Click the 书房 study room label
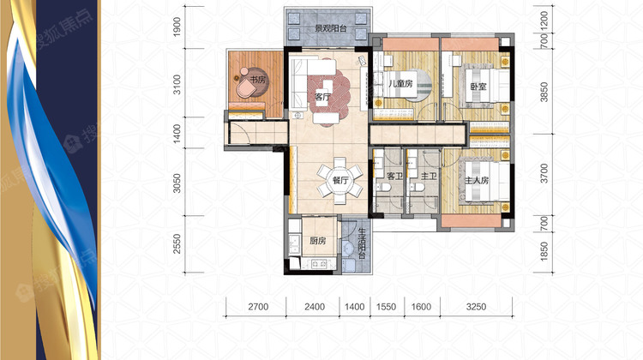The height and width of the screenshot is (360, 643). (257, 80)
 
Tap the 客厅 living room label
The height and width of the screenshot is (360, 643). (322, 97)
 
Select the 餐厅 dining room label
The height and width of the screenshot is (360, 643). (340, 180)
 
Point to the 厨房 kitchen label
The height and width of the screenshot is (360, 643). (318, 241)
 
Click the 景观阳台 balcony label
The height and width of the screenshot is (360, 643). (331, 28)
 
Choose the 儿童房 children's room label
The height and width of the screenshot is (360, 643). (400, 84)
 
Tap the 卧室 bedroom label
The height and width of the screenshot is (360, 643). (478, 87)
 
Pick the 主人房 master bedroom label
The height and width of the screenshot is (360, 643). (477, 180)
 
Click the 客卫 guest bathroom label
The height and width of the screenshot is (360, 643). (394, 177)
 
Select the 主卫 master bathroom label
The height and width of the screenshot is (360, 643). (429, 177)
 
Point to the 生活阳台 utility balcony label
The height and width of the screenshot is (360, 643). (362, 244)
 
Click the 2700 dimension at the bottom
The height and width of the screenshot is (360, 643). (258, 307)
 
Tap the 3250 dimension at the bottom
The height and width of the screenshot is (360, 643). (476, 307)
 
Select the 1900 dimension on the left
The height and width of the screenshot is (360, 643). (177, 27)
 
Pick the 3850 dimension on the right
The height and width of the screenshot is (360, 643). (544, 92)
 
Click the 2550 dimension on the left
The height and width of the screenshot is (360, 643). (177, 243)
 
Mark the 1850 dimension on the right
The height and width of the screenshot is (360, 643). (544, 251)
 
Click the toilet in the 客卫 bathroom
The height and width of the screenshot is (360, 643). (386, 188)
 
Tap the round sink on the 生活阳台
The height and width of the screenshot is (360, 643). (348, 248)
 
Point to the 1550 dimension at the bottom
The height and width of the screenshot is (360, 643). (387, 307)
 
